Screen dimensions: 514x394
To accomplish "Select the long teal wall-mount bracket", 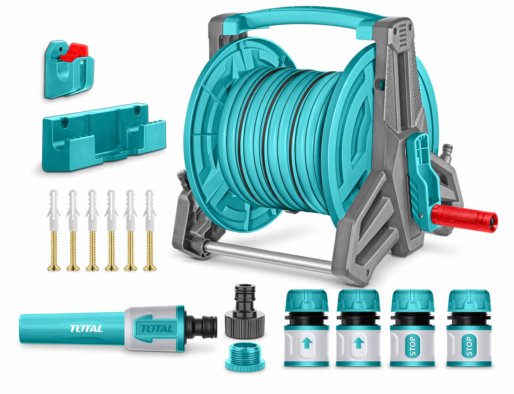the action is [104, 137].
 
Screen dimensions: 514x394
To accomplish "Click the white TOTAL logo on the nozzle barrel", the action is [86, 329].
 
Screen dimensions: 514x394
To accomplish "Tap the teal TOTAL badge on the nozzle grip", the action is [156, 329].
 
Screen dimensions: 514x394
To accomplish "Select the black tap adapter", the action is [245, 312].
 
